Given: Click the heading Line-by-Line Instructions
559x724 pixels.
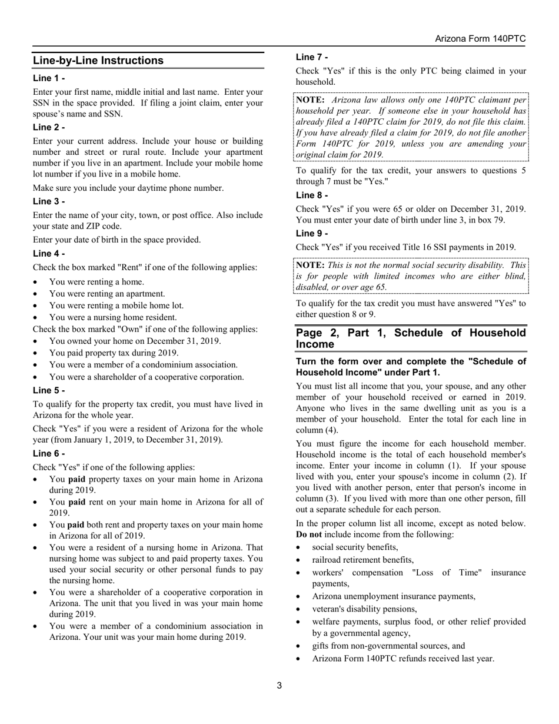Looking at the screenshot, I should pyautogui.click(x=98, y=61).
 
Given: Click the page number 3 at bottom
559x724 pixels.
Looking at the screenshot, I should pyautogui.click(x=279, y=685).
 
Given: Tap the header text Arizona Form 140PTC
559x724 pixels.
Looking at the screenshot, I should pyautogui.click(x=480, y=39).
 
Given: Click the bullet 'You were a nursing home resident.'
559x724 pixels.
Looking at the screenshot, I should pyautogui.click(x=112, y=317).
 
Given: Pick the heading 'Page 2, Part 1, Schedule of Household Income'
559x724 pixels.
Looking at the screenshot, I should pyautogui.click(x=411, y=338).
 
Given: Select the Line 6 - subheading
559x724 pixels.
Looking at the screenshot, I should pyautogui.click(x=49, y=454).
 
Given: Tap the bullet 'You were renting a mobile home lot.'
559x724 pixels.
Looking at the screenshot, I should pyautogui.click(x=116, y=305).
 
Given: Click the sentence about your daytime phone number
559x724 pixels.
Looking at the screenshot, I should pyautogui.click(x=128, y=188).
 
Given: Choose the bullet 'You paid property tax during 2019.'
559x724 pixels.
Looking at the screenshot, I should pyautogui.click(x=114, y=353).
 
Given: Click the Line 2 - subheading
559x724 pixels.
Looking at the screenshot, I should pyautogui.click(x=49, y=128).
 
